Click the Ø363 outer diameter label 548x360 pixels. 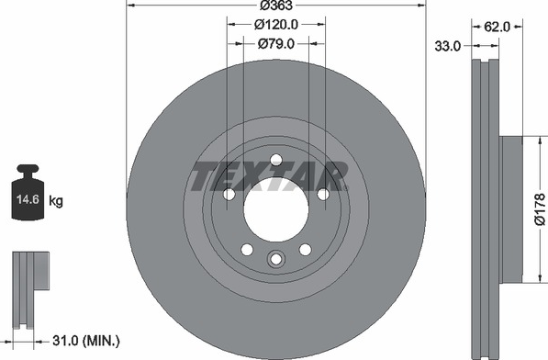click(x=276, y=6)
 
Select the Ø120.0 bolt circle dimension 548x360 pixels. click(x=276, y=25)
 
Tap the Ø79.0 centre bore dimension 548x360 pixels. click(x=276, y=44)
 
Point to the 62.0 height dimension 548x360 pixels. click(x=498, y=27)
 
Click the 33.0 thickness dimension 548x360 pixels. click(x=448, y=46)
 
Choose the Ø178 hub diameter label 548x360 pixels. click(x=540, y=209)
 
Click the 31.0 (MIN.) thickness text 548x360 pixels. click(x=86, y=341)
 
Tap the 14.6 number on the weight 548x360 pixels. click(x=28, y=200)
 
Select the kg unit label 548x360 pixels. click(x=56, y=201)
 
